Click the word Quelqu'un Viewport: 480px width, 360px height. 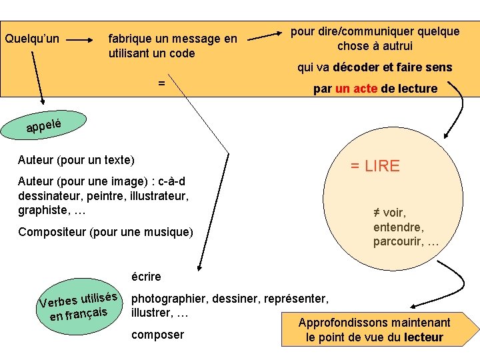pyautogui.click(x=32, y=39)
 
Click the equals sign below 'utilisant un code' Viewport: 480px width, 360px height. pyautogui.click(x=161, y=83)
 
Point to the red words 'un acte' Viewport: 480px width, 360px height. pyautogui.click(x=357, y=89)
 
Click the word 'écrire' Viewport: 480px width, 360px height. pyautogui.click(x=146, y=276)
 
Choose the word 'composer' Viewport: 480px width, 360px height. pyautogui.click(x=157, y=335)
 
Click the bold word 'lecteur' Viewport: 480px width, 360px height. pyautogui.click(x=423, y=337)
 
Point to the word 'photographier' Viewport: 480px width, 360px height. pyautogui.click(x=166, y=299)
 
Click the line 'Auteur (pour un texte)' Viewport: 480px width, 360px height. pyautogui.click(x=76, y=160)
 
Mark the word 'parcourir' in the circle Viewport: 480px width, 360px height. pyautogui.click(x=397, y=241)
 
